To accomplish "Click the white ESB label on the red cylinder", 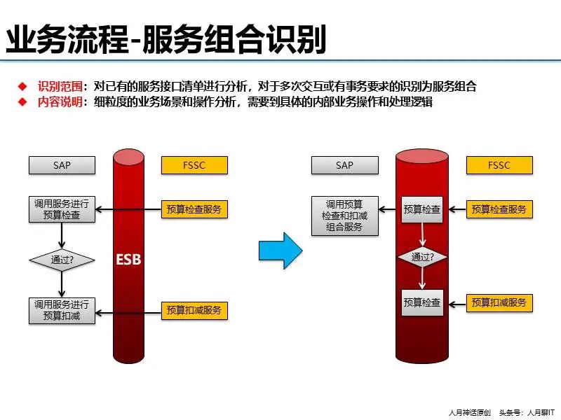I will pyautogui.click(x=128, y=260).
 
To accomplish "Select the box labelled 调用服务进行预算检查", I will pyautogui.click(x=62, y=209).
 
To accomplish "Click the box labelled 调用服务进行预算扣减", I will pyautogui.click(x=62, y=310).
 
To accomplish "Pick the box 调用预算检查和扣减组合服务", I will pyautogui.click(x=344, y=215).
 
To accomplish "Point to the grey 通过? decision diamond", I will pyautogui.click(x=62, y=260).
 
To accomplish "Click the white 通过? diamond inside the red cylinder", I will pyautogui.click(x=422, y=257).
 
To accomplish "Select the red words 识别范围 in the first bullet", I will pyautogui.click(x=60, y=87).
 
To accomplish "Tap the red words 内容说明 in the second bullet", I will pyautogui.click(x=60, y=102).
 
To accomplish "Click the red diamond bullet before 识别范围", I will pyautogui.click(x=23, y=87).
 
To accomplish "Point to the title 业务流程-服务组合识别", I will pyautogui.click(x=166, y=41).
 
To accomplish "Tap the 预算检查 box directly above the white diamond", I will pyautogui.click(x=422, y=209).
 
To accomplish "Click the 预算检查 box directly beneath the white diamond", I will pyautogui.click(x=422, y=302).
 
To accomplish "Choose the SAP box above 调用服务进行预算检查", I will pyautogui.click(x=62, y=165).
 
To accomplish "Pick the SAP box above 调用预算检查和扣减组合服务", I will pyautogui.click(x=344, y=165).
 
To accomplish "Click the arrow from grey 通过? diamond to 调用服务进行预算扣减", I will pyautogui.click(x=62, y=285).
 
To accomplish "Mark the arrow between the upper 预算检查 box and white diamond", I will pyautogui.click(x=422, y=235).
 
